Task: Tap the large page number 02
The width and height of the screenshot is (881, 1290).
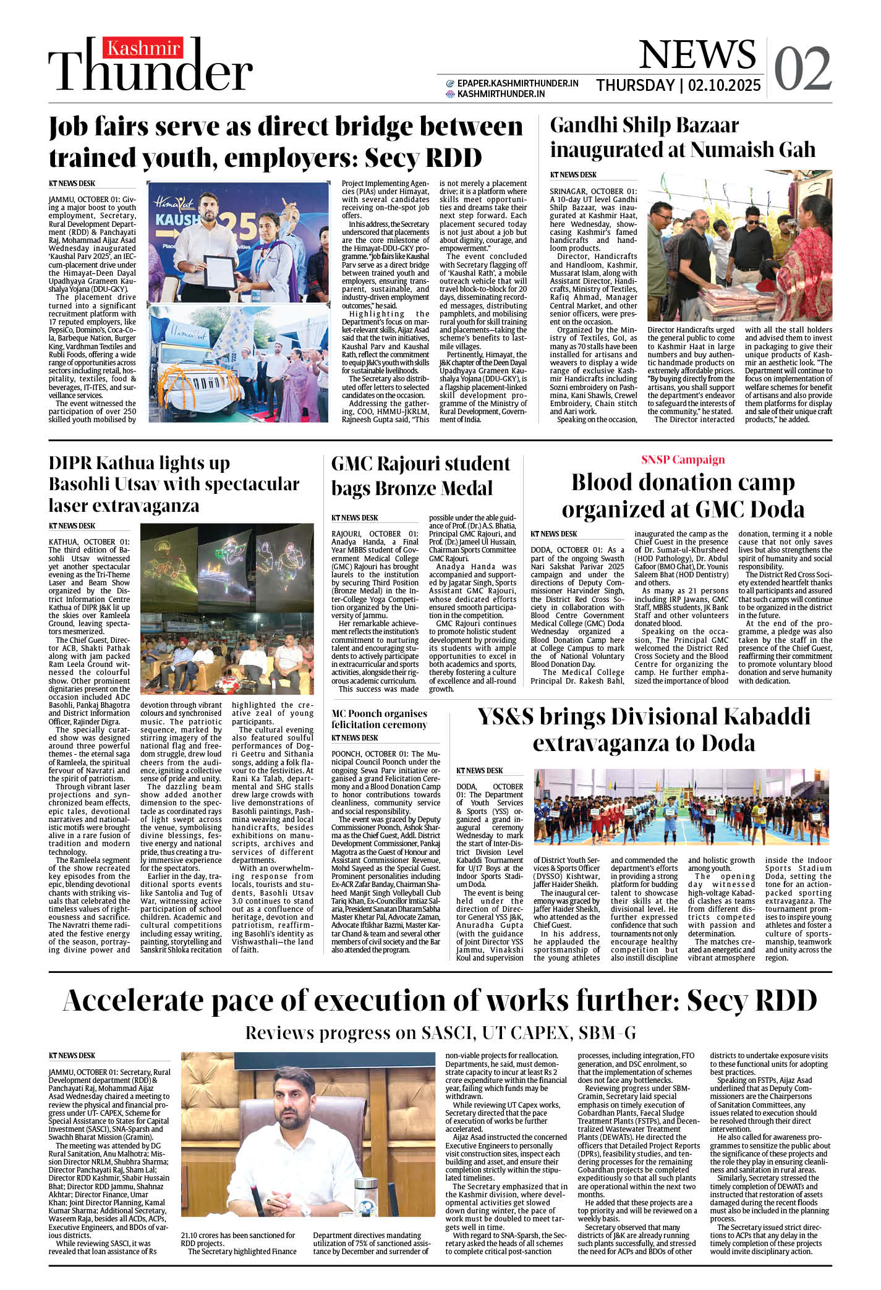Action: tap(802, 69)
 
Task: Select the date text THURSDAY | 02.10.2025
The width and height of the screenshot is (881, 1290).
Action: tap(678, 85)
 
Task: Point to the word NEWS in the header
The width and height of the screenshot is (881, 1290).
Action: tap(697, 54)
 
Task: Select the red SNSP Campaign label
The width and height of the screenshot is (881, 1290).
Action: tap(683, 459)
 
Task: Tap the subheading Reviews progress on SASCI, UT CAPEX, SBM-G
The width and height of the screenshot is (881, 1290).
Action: tap(440, 1033)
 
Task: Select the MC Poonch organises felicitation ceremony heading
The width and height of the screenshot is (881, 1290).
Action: tap(379, 719)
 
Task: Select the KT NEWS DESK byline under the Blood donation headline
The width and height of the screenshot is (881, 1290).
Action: tap(553, 533)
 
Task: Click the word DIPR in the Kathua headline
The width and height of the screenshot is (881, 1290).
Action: tap(74, 463)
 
